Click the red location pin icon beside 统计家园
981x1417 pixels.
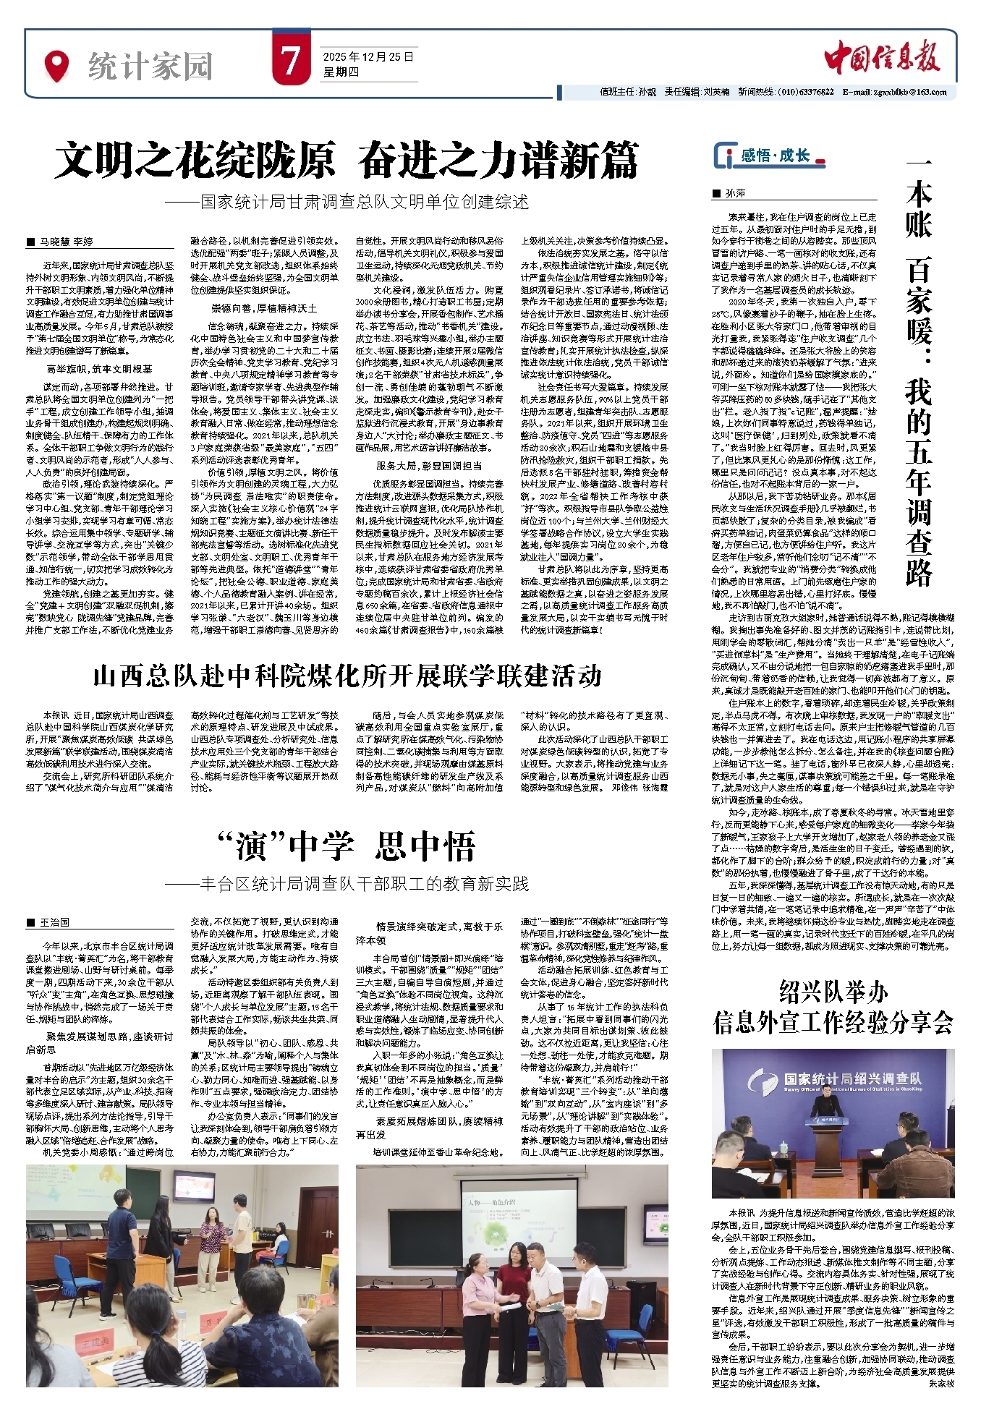click(x=57, y=65)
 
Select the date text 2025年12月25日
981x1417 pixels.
click(x=368, y=56)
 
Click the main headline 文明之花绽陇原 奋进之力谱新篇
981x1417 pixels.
click(x=347, y=161)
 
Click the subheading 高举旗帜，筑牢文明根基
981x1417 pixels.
click(x=99, y=369)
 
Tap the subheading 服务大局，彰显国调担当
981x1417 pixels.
click(x=428, y=466)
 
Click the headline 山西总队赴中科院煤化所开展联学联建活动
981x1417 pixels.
click(x=347, y=676)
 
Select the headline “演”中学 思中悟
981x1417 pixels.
click(x=346, y=846)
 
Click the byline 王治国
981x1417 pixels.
click(x=54, y=922)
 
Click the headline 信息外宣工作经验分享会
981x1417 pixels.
click(x=833, y=1022)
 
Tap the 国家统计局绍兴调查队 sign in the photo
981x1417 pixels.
click(x=854, y=1079)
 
